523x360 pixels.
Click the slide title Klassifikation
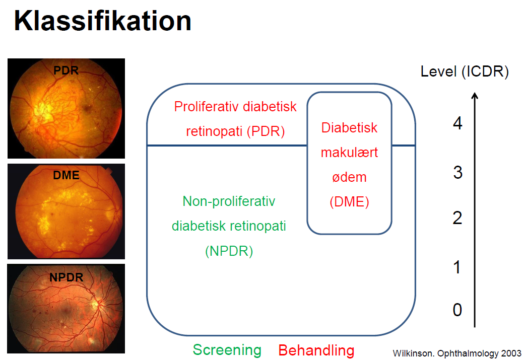(102, 21)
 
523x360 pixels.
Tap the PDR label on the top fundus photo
(66, 70)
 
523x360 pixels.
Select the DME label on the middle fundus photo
(67, 175)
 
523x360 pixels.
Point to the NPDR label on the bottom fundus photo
(66, 277)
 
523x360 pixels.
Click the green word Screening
(227, 350)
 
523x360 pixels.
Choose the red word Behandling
(316, 350)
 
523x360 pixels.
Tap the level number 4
(457, 123)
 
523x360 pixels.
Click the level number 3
(457, 173)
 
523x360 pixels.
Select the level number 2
(457, 218)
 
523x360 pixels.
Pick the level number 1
(457, 267)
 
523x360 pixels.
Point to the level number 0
(457, 310)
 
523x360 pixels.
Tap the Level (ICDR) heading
(465, 71)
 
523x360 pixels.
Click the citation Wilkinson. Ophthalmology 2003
(457, 353)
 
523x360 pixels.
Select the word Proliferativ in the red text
(207, 107)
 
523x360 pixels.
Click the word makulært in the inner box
(349, 153)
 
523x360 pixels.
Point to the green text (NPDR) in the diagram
(229, 251)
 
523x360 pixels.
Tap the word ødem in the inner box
(349, 177)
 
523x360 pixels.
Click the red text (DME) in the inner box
(349, 202)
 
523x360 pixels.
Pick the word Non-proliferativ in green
(229, 201)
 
